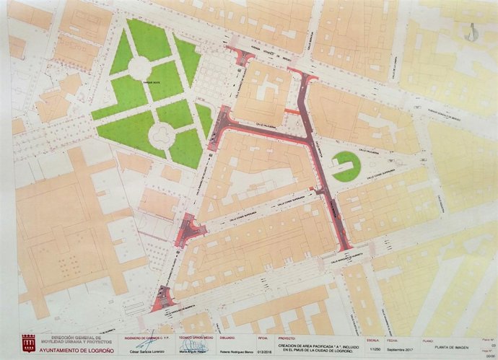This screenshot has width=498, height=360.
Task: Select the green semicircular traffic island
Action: point(346,166)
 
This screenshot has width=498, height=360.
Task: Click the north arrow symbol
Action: point(472,31)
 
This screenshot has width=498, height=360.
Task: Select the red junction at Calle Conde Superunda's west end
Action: point(189,229)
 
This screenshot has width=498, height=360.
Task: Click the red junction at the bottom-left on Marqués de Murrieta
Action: point(163,298)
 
